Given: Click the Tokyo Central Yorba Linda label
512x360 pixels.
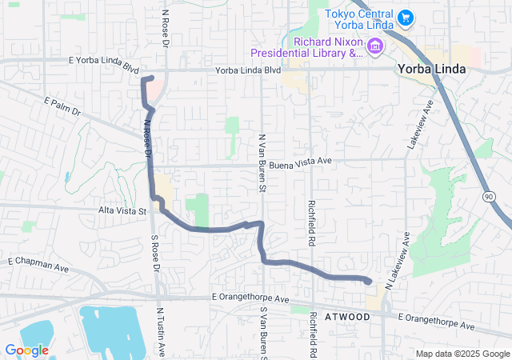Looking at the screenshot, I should coord(358,22).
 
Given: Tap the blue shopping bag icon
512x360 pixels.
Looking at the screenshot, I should coord(405,16).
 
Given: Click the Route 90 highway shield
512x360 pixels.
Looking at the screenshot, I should coord(488,195).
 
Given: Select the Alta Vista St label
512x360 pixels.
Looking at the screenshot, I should coord(121,211).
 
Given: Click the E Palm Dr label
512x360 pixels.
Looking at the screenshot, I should coord(63,106).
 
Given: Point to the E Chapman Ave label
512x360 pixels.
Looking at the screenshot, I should coord(34,262).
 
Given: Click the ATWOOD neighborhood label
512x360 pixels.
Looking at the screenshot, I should coord(347,318).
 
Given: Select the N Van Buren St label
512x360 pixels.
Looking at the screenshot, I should coord(261,163).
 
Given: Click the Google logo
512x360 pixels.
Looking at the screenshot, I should coord(26,350).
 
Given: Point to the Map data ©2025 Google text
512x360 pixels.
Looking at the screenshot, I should coord(462,354).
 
